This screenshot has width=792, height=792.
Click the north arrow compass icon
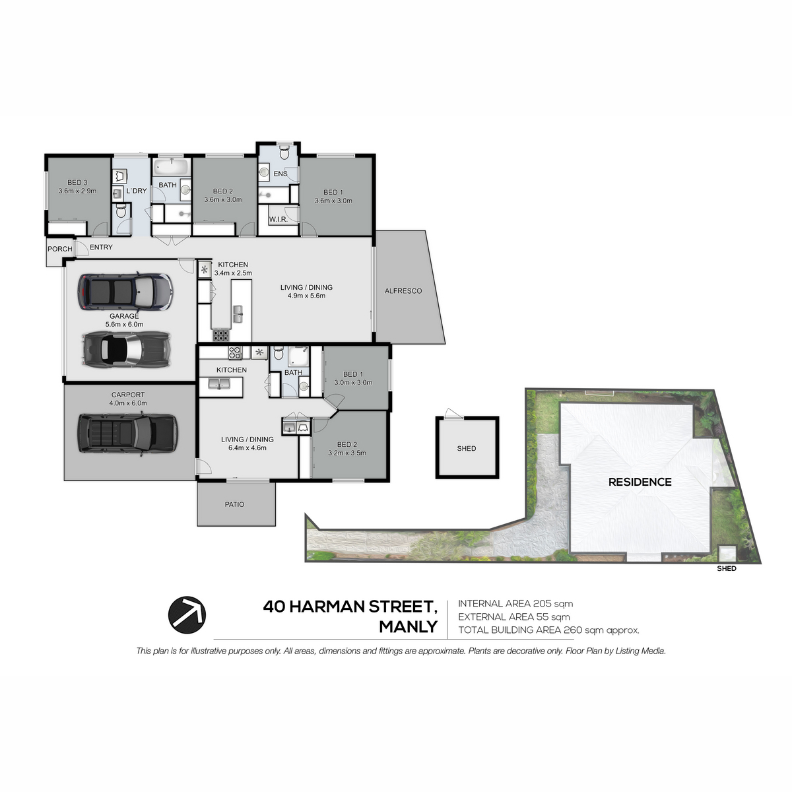[187, 615]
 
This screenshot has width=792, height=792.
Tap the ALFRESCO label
[403, 291]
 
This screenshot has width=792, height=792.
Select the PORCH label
[59, 249]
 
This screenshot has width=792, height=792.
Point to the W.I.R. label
[279, 220]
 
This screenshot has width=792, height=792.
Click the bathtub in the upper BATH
[172, 167]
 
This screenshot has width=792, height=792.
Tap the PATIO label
[235, 504]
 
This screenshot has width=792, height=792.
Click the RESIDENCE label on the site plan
[640, 482]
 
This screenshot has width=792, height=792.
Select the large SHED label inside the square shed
[467, 448]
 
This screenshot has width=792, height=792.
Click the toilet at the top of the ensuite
[284, 153]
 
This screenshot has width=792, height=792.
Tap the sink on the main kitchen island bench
[238, 314]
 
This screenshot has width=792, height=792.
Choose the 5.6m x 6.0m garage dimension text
[124, 324]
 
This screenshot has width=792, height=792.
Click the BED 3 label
[77, 182]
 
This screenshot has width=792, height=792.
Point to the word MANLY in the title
[408, 627]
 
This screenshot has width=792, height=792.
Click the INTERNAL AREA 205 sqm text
[515, 604]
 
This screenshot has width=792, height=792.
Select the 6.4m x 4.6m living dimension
[247, 448]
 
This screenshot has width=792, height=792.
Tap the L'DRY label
[137, 191]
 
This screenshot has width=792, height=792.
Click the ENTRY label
[101, 247]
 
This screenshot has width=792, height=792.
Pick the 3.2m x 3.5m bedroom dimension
[347, 453]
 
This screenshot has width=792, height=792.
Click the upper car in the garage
[125, 291]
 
